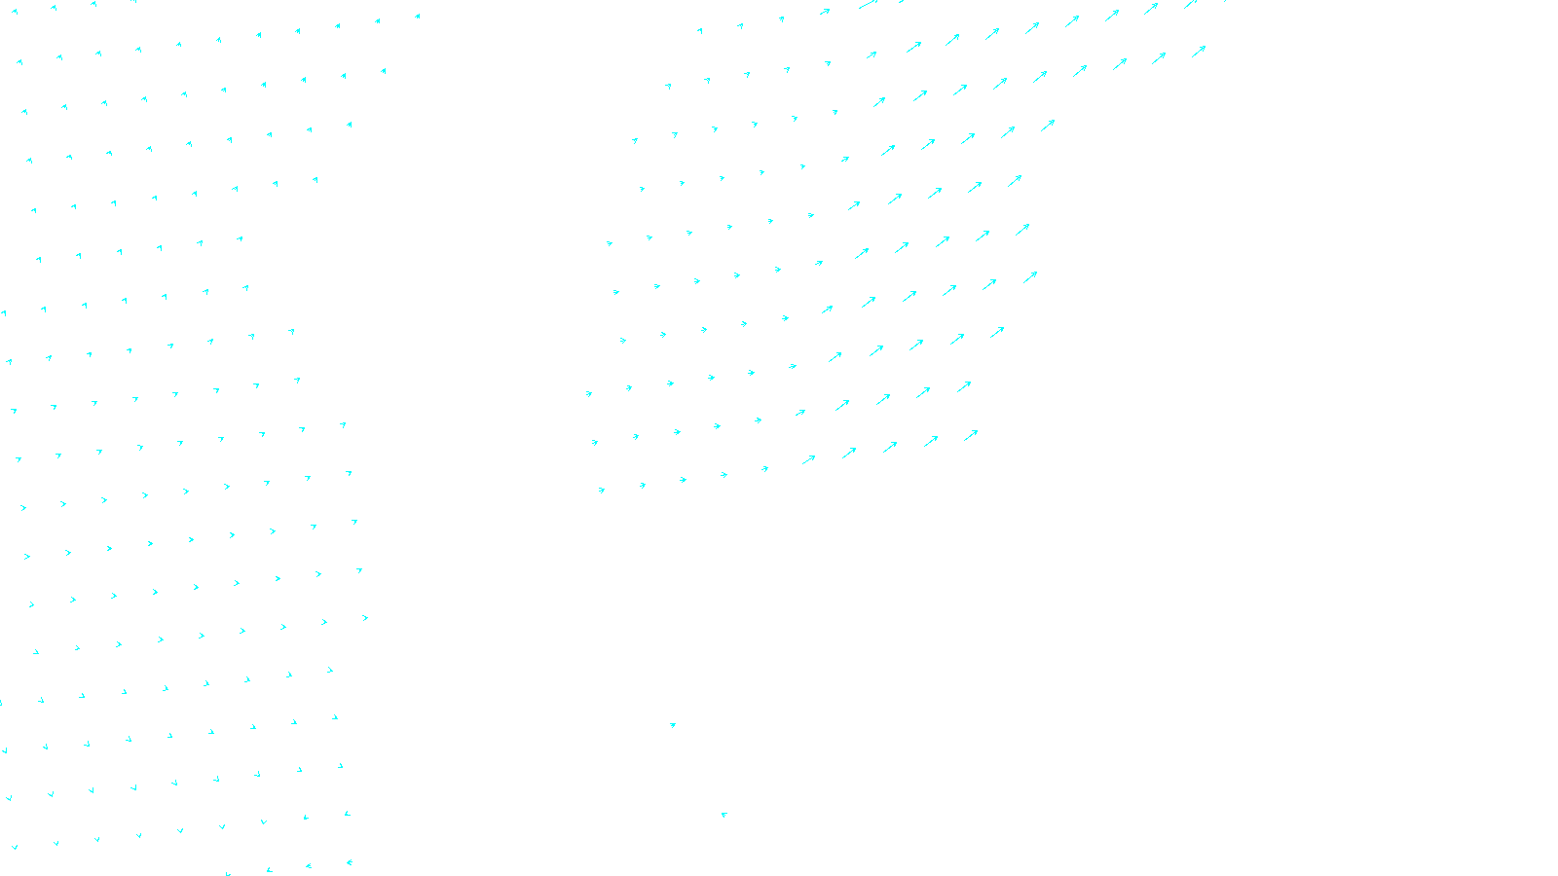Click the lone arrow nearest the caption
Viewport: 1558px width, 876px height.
click(x=723, y=815)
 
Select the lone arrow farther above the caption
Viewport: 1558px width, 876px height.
click(x=672, y=725)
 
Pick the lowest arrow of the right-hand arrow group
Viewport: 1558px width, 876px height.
click(x=602, y=491)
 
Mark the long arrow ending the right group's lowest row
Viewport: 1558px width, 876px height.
click(x=971, y=435)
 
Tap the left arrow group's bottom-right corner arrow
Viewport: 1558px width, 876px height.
click(x=349, y=862)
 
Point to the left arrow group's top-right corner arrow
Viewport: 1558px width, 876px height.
click(x=417, y=16)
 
